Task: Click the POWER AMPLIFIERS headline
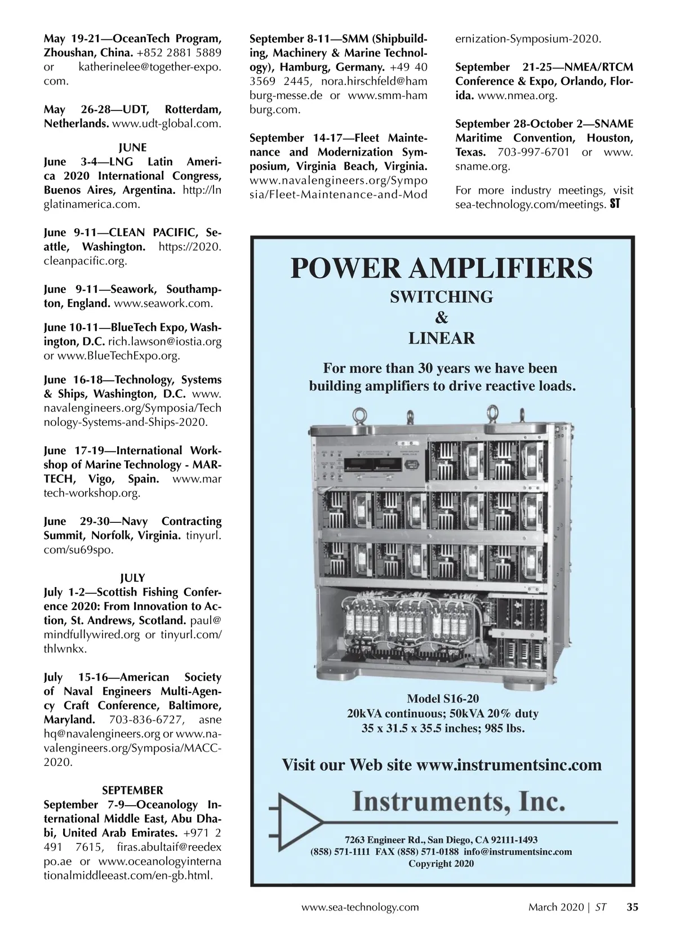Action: tap(442, 268)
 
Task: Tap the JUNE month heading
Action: tap(132, 148)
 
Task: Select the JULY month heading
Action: tap(132, 578)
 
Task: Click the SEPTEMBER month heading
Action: tap(132, 790)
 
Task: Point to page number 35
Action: tap(633, 907)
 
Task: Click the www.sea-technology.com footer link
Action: tap(361, 907)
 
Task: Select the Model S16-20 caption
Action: tap(443, 699)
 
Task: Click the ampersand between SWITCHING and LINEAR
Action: tap(442, 318)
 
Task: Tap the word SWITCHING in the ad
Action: tap(442, 296)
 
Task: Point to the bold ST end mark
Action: tap(615, 205)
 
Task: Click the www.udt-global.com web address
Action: tap(167, 123)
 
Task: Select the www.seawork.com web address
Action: tap(163, 304)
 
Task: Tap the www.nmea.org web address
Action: tap(517, 96)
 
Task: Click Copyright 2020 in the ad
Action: tap(441, 864)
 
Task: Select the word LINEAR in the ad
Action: tap(442, 339)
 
